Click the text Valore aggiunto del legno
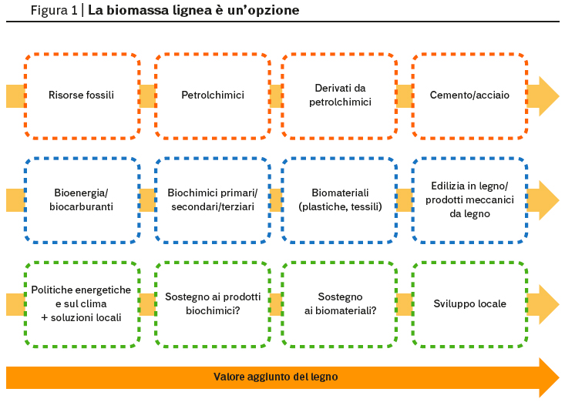[x=276, y=377]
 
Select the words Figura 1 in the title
[x=54, y=10]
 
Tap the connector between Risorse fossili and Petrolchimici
[x=147, y=96]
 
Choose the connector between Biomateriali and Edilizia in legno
[x=405, y=200]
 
